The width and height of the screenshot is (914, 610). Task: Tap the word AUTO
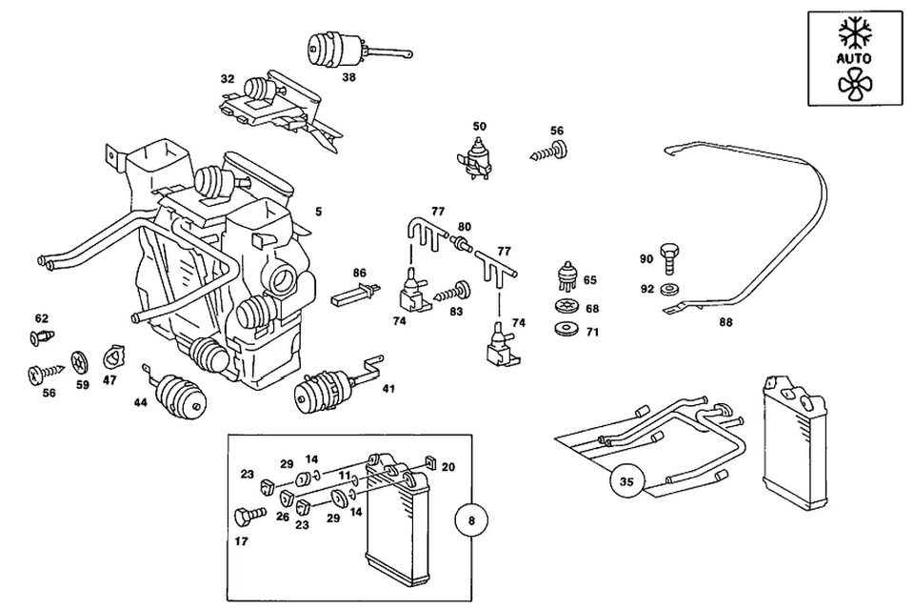(x=854, y=58)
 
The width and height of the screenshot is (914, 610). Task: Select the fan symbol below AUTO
(x=854, y=84)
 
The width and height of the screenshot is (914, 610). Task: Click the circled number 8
(x=472, y=521)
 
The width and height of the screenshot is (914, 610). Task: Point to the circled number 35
(x=625, y=482)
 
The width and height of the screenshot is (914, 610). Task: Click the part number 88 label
(x=725, y=323)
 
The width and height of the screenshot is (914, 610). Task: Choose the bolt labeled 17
(x=247, y=517)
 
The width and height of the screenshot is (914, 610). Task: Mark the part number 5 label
(x=319, y=212)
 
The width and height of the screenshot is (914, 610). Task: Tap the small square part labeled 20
(x=429, y=464)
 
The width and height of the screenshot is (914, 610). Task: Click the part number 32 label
(x=227, y=79)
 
